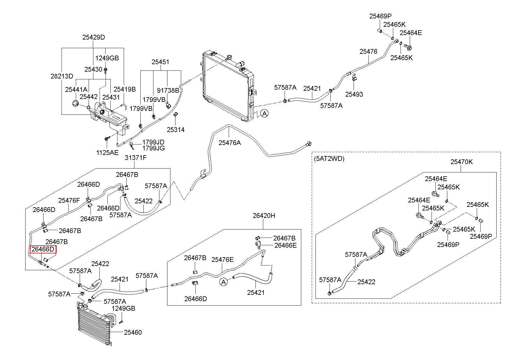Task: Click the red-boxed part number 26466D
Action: tap(43, 249)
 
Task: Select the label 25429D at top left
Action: tap(94, 37)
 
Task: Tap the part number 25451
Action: tap(160, 62)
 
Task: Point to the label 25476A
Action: tap(230, 143)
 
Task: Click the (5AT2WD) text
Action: tap(329, 159)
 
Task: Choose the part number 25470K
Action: tap(462, 162)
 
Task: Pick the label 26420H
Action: tap(264, 216)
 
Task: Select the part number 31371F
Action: tap(136, 158)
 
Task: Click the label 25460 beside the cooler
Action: tap(133, 332)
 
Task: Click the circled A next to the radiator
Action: tap(264, 113)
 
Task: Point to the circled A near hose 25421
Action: tap(224, 281)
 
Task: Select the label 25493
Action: tap(354, 94)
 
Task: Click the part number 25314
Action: tap(175, 130)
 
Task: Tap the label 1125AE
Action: tap(107, 153)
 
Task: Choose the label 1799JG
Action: tap(153, 148)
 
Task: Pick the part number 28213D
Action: tap(62, 76)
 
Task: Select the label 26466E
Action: tap(286, 245)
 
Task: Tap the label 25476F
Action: tap(69, 200)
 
